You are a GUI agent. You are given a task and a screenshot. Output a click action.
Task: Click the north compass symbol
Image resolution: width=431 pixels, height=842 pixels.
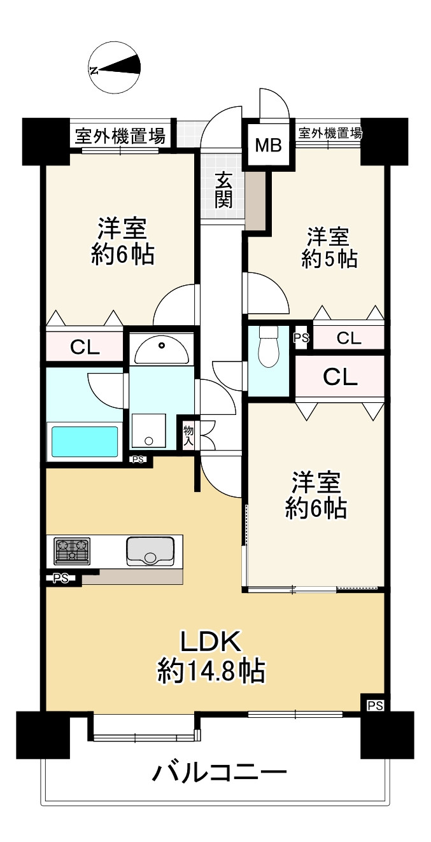[115, 67]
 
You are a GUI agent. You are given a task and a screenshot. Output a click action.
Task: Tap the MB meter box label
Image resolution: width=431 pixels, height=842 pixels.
[268, 146]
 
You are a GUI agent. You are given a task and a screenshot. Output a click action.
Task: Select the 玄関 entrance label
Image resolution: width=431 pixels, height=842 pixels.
[223, 190]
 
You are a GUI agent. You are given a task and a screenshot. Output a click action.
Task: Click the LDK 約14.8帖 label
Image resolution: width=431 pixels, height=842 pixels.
[211, 656]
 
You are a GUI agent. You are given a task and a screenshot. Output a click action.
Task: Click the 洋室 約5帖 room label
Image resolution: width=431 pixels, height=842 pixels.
[329, 248]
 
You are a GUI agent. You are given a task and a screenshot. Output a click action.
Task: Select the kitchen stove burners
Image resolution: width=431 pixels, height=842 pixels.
[72, 550]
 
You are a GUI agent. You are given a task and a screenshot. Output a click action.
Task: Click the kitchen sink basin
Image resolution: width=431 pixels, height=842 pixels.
[150, 550]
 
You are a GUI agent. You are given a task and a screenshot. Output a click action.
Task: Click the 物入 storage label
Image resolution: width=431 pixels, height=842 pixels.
[189, 436]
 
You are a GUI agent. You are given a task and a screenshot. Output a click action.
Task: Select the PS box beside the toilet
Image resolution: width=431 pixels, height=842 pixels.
[301, 338]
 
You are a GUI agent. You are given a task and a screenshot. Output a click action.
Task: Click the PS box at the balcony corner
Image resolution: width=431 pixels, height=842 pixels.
[374, 705]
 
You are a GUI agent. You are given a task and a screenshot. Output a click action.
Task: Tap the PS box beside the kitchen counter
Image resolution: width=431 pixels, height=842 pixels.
[61, 579]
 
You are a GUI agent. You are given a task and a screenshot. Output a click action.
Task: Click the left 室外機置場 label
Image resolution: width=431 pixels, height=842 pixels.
[120, 136]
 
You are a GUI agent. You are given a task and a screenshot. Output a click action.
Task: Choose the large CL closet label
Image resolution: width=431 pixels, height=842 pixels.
[340, 377]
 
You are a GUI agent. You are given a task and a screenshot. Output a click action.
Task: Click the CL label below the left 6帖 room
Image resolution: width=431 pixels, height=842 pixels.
[85, 347]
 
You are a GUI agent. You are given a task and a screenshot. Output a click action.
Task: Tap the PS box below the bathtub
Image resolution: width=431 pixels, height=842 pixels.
[138, 460]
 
